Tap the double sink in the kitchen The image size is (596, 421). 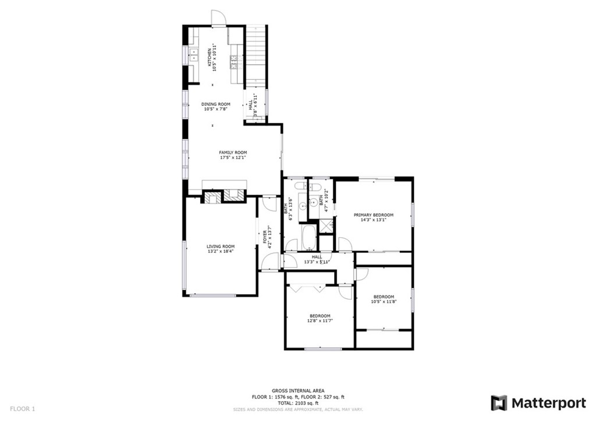point(194,56)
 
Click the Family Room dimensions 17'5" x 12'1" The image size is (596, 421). point(233,158)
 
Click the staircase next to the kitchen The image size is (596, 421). point(256,55)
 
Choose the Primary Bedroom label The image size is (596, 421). point(373,215)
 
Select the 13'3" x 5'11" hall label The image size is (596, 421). point(317,259)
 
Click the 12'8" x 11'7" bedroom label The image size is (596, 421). point(320,318)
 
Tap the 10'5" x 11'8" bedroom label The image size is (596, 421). point(384,299)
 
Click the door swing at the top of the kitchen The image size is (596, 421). point(217,18)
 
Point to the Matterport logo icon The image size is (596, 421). point(499,403)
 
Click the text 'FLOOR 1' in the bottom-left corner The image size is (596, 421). point(23,409)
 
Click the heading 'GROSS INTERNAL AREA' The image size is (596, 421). point(298,391)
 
